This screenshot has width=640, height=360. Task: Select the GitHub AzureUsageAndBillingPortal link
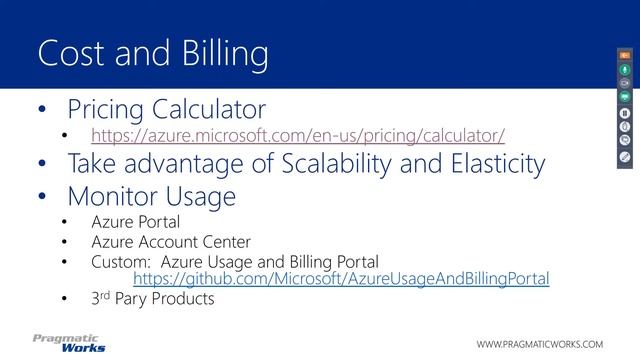[341, 278]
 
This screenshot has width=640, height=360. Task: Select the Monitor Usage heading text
[151, 197]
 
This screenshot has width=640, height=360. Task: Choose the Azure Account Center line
[170, 241]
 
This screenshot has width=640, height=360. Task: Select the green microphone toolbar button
[623, 69]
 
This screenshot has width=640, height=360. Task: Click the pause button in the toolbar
[623, 112]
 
